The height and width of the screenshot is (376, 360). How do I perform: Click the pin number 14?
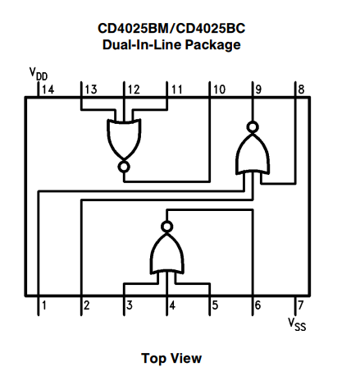click(48, 89)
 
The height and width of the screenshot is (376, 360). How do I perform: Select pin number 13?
click(90, 89)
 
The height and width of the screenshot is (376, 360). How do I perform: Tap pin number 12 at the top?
click(133, 89)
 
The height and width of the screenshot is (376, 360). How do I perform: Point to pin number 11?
click(176, 89)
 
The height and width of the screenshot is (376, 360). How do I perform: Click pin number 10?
click(219, 89)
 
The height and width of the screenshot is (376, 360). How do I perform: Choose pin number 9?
click(259, 89)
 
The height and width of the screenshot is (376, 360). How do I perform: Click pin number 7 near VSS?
click(301, 306)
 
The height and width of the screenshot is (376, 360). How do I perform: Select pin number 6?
click(258, 306)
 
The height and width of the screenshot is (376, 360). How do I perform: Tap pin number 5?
click(215, 306)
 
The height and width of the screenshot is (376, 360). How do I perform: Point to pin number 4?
click(172, 306)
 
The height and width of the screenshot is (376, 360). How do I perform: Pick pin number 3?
click(129, 306)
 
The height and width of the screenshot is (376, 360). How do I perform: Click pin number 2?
click(86, 306)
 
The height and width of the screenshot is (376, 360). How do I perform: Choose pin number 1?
click(43, 306)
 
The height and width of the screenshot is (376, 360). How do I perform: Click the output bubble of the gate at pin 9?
click(253, 127)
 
